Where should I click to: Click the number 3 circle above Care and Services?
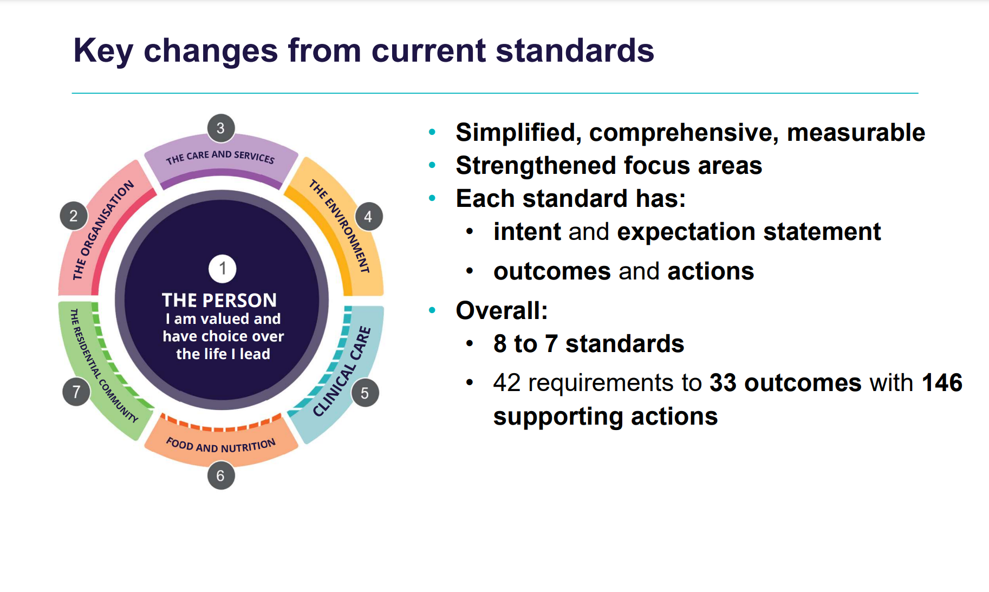221,128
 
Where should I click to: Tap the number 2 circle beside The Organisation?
74,216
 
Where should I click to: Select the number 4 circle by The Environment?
368,217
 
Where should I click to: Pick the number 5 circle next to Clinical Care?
365,393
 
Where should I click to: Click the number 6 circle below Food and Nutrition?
221,476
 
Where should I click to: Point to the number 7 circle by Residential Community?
76,392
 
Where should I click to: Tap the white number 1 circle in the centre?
222,269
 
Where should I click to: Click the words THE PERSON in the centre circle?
219,300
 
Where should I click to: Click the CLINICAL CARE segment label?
342,372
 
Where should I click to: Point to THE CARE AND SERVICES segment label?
220,157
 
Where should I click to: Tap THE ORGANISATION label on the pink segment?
103,230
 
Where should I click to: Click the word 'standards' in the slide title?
575,50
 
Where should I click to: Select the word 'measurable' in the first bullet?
856,133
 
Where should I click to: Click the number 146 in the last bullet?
942,383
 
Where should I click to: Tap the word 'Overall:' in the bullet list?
502,311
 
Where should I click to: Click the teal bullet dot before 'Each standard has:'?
432,198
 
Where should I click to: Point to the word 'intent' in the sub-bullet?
527,232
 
